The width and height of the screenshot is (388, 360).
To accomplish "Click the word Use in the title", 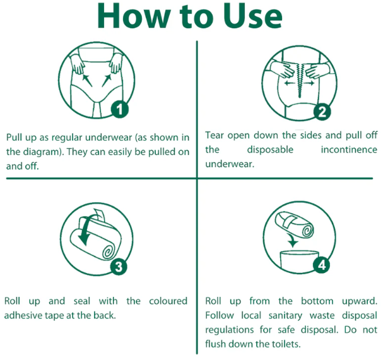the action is pos(252,16).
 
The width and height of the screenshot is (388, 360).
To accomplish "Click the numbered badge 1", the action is pos(119,109).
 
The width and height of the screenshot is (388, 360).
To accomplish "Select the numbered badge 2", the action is pos(322,112).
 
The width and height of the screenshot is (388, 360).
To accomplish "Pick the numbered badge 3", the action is pos(119,267).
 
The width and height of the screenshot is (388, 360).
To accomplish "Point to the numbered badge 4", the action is pos(321,265).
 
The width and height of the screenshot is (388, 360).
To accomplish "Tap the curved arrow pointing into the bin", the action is pos(292,240).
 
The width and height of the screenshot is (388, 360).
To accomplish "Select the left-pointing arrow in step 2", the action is pos(290,83).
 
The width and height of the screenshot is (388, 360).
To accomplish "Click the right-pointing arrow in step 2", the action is pos(309,83).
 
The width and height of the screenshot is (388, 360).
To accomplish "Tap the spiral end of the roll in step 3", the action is pos(108,252).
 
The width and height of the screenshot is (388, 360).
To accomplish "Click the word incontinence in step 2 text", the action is pos(349,149).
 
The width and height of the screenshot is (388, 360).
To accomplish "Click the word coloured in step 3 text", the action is pos(168,301).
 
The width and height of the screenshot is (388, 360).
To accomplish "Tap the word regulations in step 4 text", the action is pos(230,330).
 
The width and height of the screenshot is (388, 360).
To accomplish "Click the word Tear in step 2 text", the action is pos(215,136).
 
